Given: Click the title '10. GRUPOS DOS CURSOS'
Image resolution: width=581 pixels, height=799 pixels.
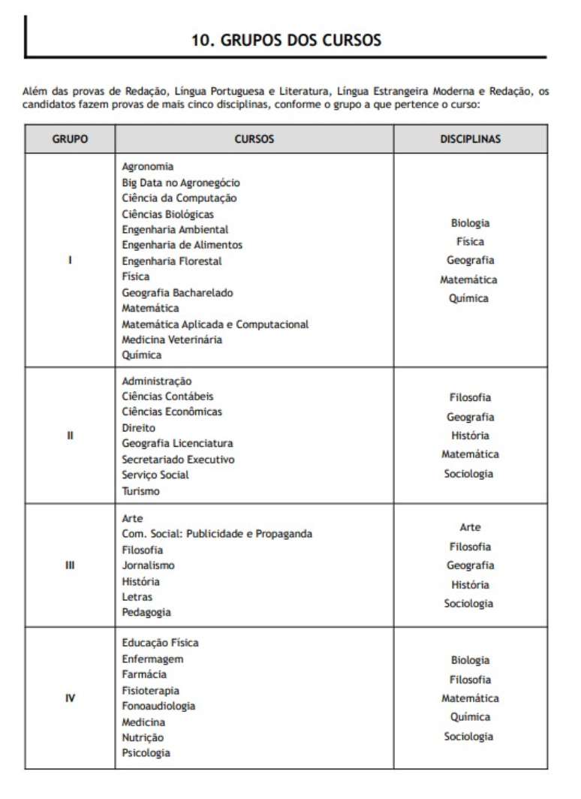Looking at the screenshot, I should [x=286, y=40].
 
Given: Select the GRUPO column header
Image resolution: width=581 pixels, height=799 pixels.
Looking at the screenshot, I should [x=70, y=139].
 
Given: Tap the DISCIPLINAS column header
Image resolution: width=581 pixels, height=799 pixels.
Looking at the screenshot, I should [x=470, y=139].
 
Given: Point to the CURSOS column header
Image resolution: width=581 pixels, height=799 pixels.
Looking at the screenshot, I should [x=254, y=139].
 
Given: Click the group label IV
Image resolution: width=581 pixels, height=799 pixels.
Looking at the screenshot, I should [x=70, y=698].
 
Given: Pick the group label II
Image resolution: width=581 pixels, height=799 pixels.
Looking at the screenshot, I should [x=70, y=436].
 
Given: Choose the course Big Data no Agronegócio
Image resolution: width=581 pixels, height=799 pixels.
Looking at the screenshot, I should [x=181, y=182].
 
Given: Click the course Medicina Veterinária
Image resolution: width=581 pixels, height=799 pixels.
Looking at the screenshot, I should [x=172, y=339].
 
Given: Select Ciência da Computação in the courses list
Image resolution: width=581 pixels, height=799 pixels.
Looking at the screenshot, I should [x=179, y=198].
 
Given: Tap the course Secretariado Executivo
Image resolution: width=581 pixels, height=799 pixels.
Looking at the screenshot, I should [x=178, y=459].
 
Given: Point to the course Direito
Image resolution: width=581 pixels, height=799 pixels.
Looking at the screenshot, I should [x=139, y=427].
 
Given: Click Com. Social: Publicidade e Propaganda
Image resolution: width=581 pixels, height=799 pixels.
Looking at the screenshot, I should [x=217, y=534].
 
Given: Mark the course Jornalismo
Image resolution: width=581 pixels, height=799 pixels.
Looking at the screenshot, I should [x=148, y=565].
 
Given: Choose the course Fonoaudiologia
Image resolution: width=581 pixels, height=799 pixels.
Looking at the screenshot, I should [x=158, y=706].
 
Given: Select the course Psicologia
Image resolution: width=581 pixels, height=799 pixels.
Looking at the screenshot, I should [x=146, y=752].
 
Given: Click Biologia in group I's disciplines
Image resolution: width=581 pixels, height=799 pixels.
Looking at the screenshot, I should [x=470, y=223].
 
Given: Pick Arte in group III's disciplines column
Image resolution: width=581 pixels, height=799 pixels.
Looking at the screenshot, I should [x=470, y=527].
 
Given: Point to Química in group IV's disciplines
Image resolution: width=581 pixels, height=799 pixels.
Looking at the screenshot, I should [x=470, y=717].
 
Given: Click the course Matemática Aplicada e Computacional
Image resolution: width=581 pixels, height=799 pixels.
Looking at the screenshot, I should [x=215, y=324].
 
